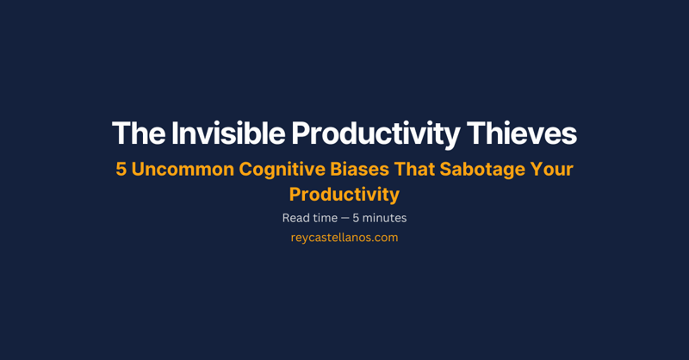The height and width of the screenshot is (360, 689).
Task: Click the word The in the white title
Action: [138, 133]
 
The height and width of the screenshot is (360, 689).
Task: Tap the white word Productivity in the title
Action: [376, 133]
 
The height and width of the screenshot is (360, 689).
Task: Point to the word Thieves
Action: [522, 133]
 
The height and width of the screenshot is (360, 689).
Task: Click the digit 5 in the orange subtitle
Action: [121, 169]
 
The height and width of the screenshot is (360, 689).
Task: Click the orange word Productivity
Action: [344, 195]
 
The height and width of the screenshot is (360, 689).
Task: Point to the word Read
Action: [295, 218]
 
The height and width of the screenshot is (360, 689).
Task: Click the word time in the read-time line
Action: [326, 218]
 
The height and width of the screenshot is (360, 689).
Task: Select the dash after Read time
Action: [346, 218]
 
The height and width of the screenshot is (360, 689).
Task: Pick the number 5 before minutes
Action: [357, 218]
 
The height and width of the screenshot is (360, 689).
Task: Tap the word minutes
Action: [385, 218]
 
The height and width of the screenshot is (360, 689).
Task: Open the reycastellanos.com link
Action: [344, 238]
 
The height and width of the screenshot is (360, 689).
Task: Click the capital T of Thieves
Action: [475, 133]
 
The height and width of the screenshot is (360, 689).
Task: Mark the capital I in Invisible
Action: [175, 133]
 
